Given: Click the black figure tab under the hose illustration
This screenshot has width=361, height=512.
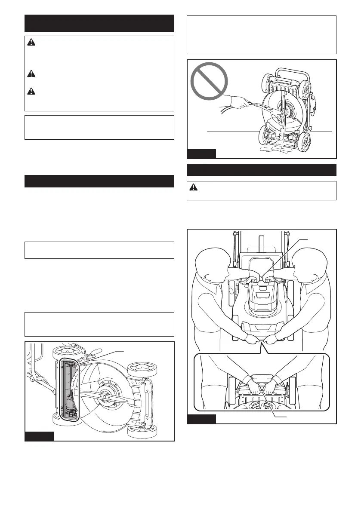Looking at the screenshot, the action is point(201,154).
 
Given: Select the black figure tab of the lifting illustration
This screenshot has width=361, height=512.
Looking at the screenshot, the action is point(201,419).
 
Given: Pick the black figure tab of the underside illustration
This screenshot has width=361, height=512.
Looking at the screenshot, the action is point(39,436).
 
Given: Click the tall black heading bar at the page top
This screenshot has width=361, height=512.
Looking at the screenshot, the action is point(99,23).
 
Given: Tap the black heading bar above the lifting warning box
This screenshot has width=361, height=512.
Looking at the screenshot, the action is point(262,170).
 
